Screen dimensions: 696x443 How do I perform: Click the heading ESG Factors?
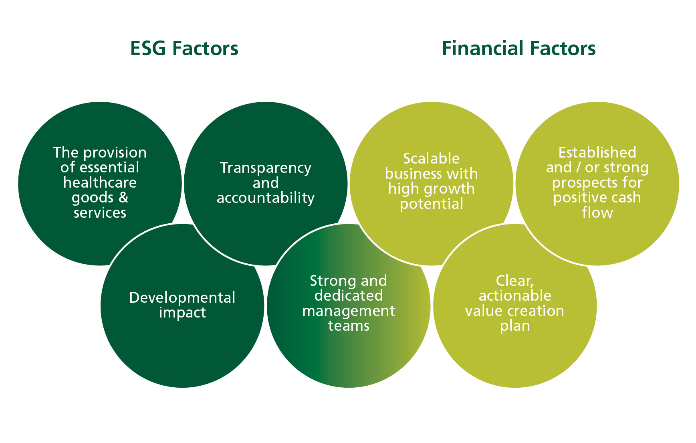(x=184, y=49)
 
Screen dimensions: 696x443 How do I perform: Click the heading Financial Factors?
(x=518, y=49)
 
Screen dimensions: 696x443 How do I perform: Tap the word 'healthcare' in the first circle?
(x=100, y=183)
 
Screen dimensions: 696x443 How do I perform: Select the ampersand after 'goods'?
(x=123, y=197)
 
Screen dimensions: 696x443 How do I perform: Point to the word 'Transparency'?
(x=266, y=168)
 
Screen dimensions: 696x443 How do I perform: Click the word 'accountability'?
(x=266, y=198)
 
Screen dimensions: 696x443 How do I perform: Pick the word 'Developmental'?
(x=182, y=298)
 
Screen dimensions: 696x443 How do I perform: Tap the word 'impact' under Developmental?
(x=182, y=313)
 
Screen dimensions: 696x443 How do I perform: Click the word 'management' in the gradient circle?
(x=349, y=311)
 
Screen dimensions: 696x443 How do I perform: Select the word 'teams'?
(x=349, y=326)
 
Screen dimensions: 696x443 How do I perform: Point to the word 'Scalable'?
(x=431, y=159)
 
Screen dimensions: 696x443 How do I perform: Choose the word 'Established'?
(x=597, y=153)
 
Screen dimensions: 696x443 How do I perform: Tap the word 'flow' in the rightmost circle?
(x=597, y=212)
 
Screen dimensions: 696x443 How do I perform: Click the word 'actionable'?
(x=515, y=296)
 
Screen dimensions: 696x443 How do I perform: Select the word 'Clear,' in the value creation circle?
(x=515, y=281)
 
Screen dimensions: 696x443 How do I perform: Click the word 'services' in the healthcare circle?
(x=100, y=213)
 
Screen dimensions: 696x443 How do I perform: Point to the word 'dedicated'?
(x=349, y=296)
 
